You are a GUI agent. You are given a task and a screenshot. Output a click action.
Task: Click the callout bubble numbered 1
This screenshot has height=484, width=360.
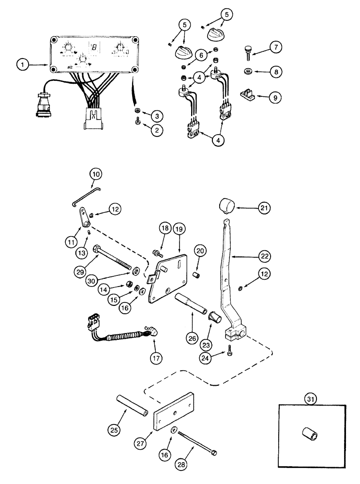click(20, 63)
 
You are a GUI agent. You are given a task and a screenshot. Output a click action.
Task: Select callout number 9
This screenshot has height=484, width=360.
click(275, 97)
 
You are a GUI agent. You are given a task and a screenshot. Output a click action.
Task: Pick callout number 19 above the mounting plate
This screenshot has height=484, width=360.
click(179, 229)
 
